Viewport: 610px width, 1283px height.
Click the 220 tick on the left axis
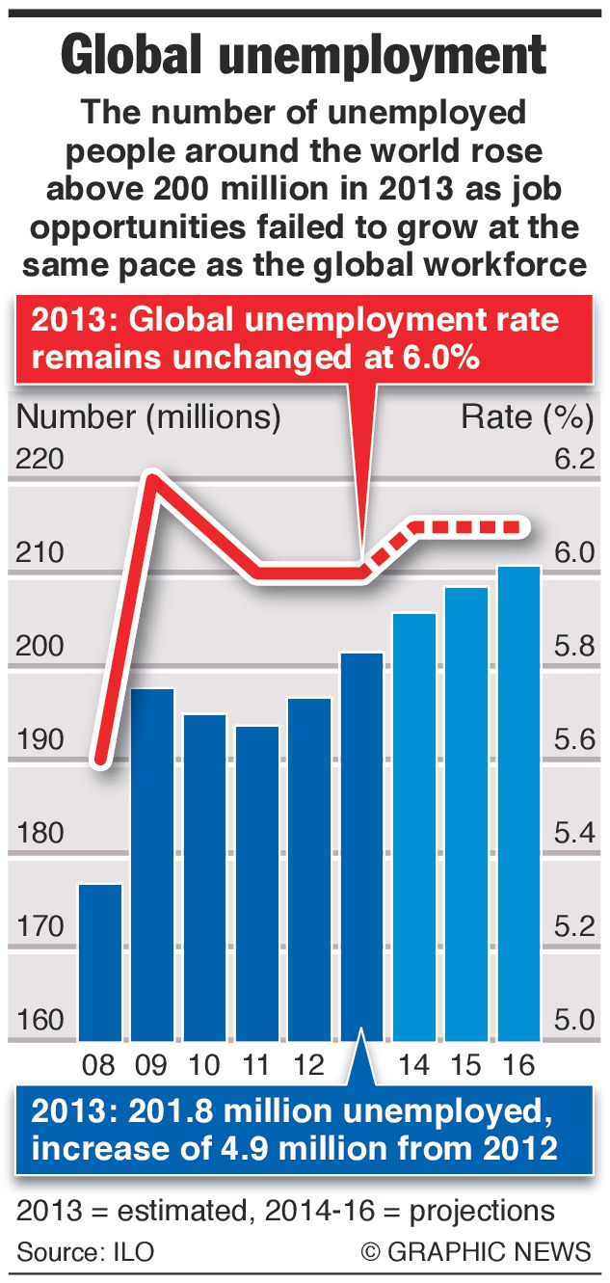pos(40,459)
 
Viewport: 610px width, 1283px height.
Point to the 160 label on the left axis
pos(40,1020)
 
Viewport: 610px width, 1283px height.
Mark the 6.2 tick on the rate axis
pos(574,459)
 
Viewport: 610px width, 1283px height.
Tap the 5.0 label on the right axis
pos(574,1020)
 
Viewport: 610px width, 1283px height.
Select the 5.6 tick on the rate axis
pos(574,739)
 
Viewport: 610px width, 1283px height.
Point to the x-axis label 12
pos(308,1065)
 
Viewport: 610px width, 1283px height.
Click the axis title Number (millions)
pos(149,417)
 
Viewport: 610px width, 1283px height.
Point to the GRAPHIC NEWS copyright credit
pos(477,1252)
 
